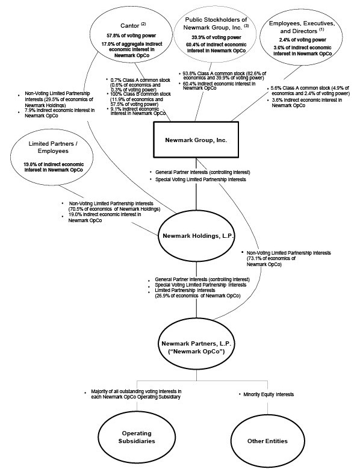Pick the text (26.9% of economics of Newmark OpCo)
(197, 296)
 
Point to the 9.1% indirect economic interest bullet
(137, 112)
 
